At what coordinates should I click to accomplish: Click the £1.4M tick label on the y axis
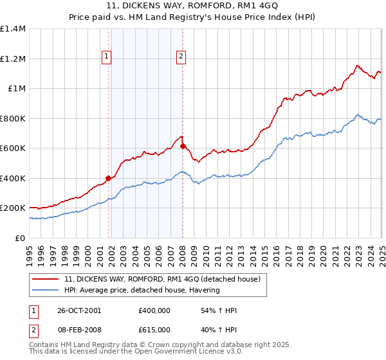coord(13,29)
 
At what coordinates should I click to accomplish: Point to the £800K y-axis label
coord(13,118)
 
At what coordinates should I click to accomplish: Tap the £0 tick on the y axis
coord(21,238)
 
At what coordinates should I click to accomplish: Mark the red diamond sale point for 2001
coord(109,178)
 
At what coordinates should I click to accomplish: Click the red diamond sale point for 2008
coord(183,146)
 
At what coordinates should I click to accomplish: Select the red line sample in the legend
coord(46,280)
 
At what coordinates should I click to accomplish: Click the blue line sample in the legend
coord(46,290)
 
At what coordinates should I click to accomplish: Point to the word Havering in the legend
coord(204,290)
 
